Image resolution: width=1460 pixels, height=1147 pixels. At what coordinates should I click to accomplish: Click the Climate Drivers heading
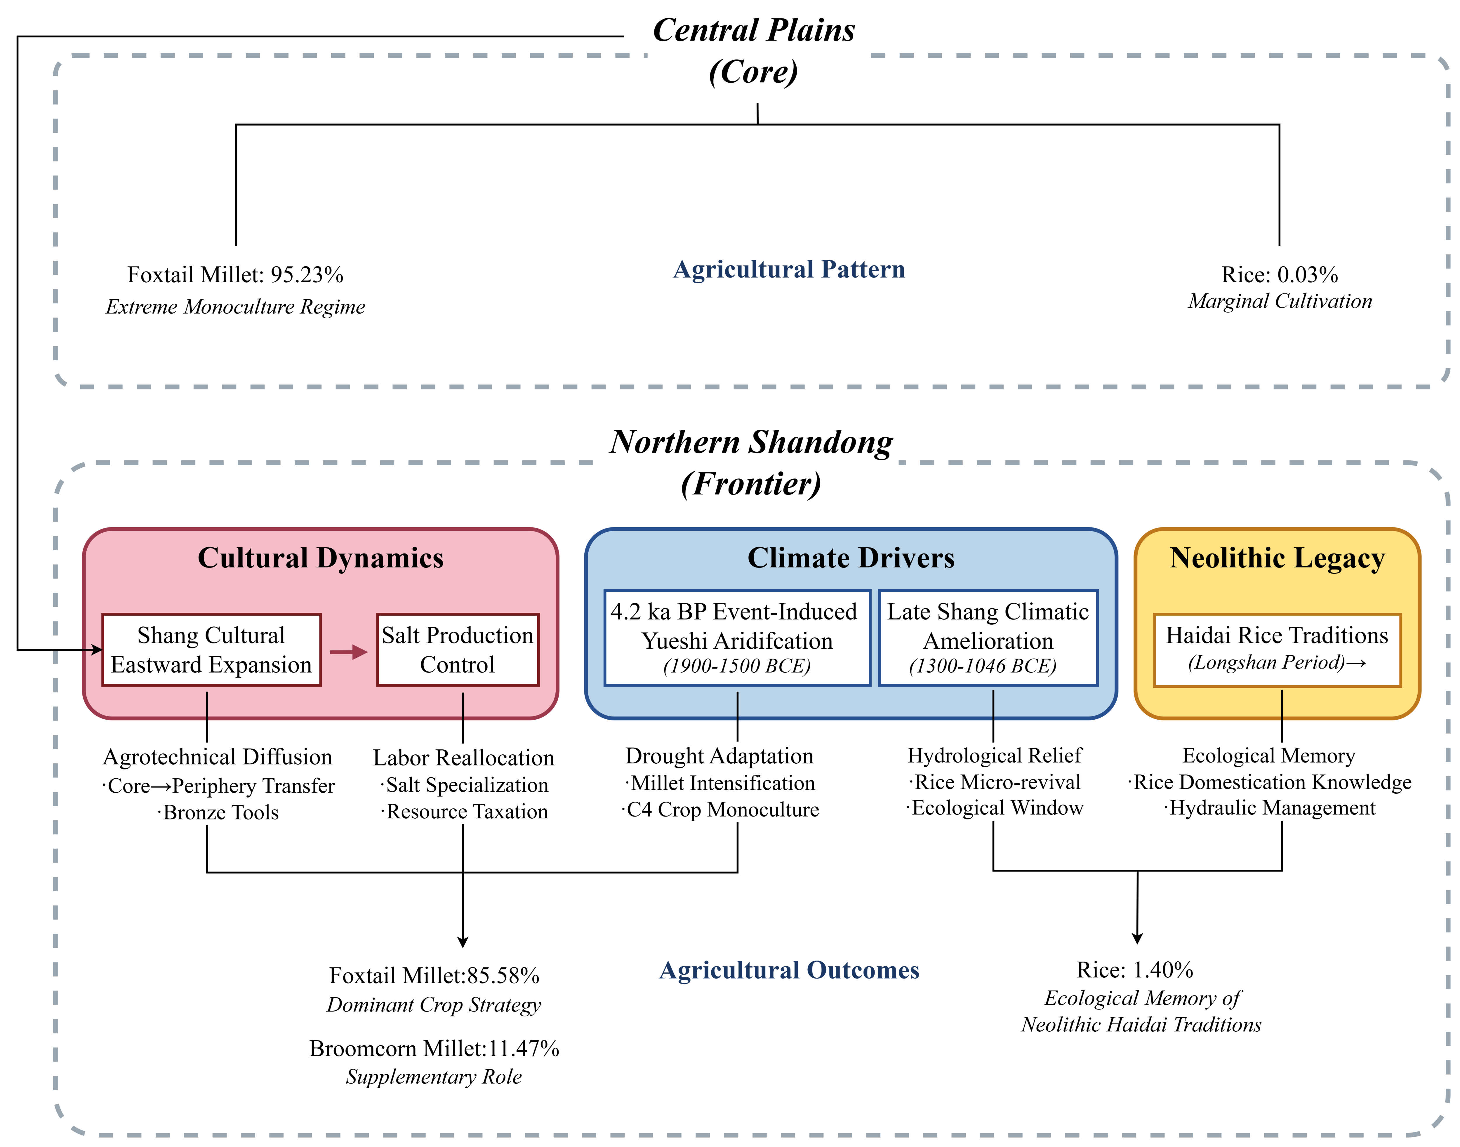coord(851,558)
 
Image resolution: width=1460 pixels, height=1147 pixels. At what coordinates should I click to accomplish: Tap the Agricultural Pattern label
coord(789,269)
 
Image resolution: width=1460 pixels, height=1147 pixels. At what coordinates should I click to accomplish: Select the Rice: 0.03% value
coord(1279,275)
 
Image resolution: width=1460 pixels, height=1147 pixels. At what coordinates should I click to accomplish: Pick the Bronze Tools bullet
coord(220,812)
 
